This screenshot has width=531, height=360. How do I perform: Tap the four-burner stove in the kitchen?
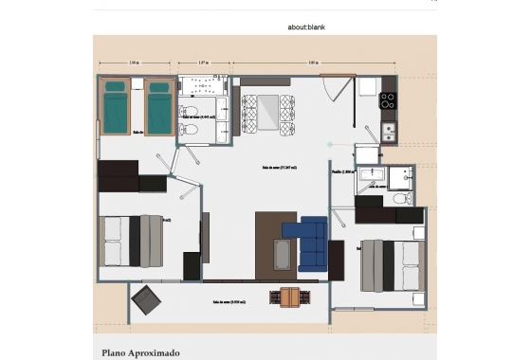click(388, 100)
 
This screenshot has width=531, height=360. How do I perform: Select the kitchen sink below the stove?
click(388, 132)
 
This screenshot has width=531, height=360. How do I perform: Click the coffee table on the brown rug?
click(283, 254)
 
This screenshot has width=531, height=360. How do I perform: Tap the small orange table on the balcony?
click(289, 297)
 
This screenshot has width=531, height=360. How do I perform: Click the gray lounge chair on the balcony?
click(148, 302)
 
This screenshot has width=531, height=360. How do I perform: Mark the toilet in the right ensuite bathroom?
click(401, 198)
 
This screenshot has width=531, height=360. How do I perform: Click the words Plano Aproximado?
click(140, 352)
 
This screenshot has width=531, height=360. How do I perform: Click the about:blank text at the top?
click(306, 27)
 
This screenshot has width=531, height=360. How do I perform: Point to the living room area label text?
click(280, 168)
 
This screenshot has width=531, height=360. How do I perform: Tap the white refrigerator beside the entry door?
click(366, 86)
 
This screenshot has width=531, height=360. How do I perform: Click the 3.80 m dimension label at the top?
click(312, 63)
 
